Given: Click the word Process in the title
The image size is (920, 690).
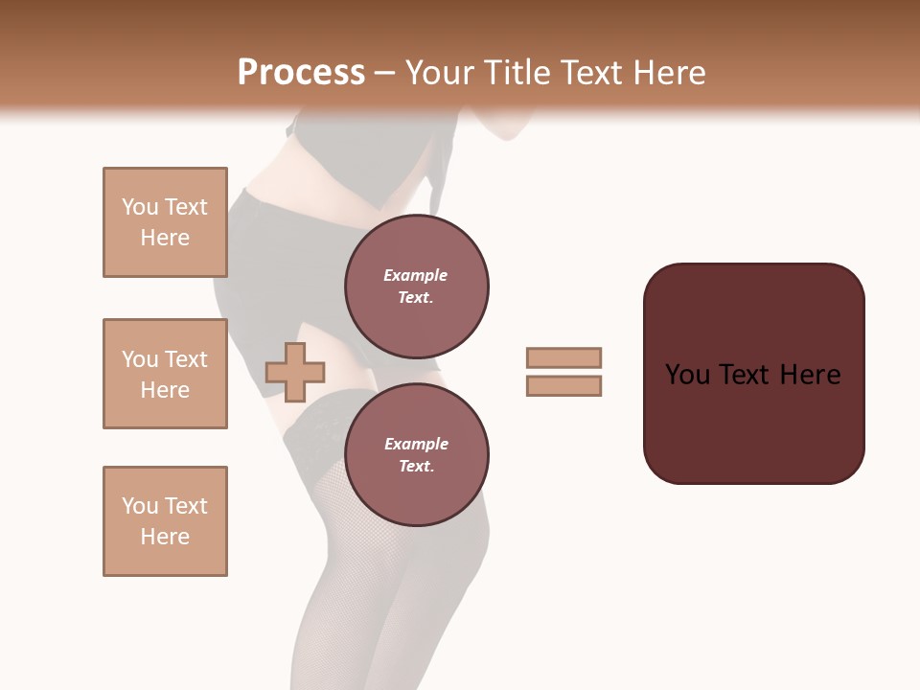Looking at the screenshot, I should pyautogui.click(x=301, y=73).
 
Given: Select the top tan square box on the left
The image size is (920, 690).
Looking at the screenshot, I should pyautogui.click(x=165, y=222).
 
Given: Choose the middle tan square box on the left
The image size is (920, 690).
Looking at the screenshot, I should pyautogui.click(x=165, y=374).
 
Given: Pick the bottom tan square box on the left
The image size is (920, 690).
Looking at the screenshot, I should pyautogui.click(x=165, y=521).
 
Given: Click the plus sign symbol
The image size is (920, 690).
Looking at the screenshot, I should pyautogui.click(x=295, y=372).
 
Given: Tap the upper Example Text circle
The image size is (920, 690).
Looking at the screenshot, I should pyautogui.click(x=417, y=287).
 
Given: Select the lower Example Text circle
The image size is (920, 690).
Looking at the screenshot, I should pyautogui.click(x=417, y=455).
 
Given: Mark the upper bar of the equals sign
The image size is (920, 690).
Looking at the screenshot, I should pyautogui.click(x=563, y=357).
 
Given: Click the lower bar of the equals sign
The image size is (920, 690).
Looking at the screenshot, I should pyautogui.click(x=563, y=386).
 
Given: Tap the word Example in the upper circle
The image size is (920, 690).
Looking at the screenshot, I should pyautogui.click(x=415, y=275).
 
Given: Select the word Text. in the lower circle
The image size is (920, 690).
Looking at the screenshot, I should pyautogui.click(x=416, y=466).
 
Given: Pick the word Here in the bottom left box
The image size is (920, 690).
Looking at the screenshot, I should pyautogui.click(x=165, y=537).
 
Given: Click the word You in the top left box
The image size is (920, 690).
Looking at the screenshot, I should pyautogui.click(x=140, y=207).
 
